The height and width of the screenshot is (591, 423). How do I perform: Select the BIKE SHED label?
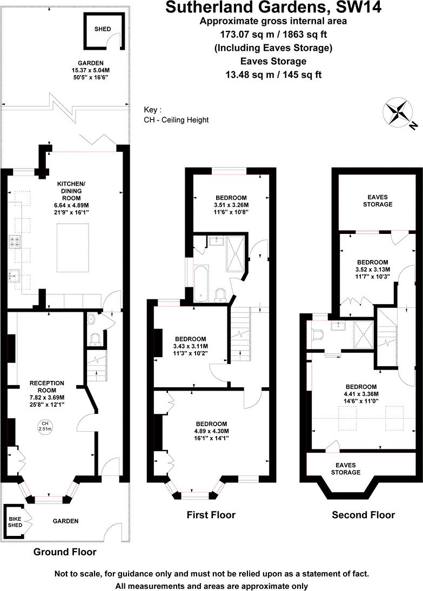point(14,521)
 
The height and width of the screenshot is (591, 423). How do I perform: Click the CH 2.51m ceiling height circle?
point(45,426)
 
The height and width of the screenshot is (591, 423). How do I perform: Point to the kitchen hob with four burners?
point(14,242)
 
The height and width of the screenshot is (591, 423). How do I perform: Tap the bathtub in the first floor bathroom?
point(200,283)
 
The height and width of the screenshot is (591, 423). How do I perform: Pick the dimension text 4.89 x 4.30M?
point(211,431)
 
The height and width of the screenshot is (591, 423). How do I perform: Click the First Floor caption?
point(211,515)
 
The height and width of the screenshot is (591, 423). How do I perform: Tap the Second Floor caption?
point(363,515)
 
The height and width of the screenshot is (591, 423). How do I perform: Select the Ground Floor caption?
point(65,552)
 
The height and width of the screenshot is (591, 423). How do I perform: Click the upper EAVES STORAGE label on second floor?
point(377,200)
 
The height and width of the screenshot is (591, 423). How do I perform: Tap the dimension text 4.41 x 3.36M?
point(361,394)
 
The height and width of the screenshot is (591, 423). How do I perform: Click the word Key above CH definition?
point(152,109)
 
